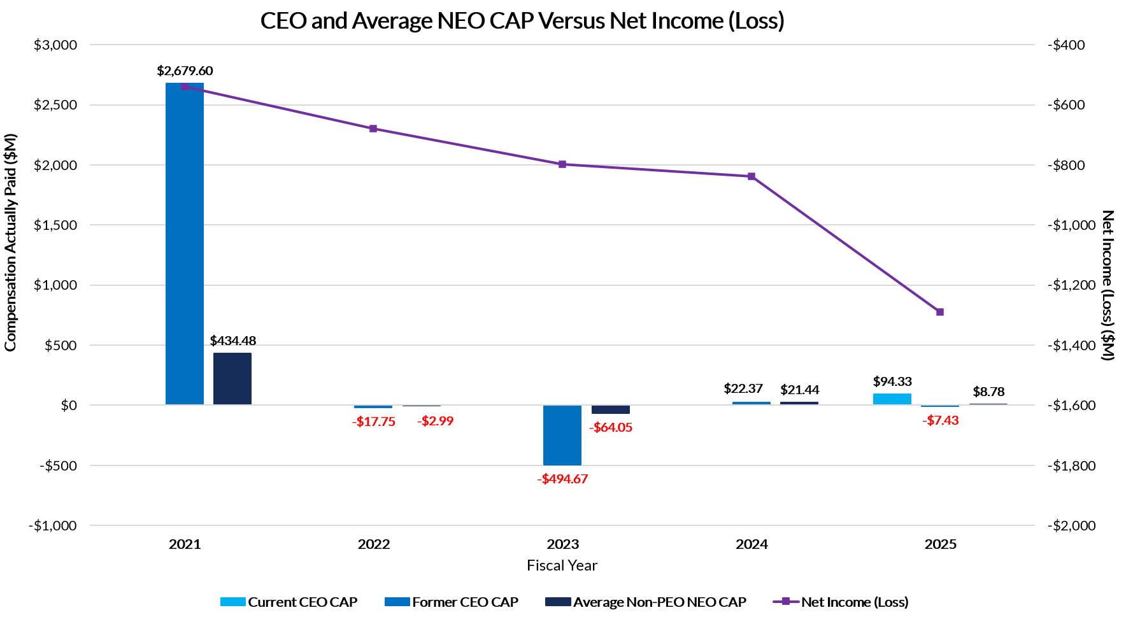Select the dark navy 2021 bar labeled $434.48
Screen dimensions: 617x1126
click(x=232, y=378)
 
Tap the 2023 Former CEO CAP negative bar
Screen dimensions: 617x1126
click(x=562, y=435)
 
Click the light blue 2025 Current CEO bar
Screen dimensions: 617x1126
click(x=892, y=399)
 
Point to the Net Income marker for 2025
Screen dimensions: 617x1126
click(x=940, y=312)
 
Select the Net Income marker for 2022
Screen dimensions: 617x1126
click(x=373, y=129)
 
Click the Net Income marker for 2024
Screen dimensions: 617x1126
click(x=752, y=176)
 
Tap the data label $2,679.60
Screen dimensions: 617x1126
click(x=185, y=71)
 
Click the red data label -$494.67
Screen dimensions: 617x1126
click(x=562, y=479)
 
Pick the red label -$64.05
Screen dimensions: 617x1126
click(x=611, y=427)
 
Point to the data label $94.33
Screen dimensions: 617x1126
click(x=892, y=381)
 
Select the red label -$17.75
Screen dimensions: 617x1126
click(x=374, y=422)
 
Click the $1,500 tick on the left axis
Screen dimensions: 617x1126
click(x=55, y=225)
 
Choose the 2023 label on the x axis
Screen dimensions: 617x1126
click(x=562, y=544)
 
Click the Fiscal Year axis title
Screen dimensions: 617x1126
click(x=562, y=565)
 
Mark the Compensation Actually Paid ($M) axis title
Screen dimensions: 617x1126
click(x=10, y=242)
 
